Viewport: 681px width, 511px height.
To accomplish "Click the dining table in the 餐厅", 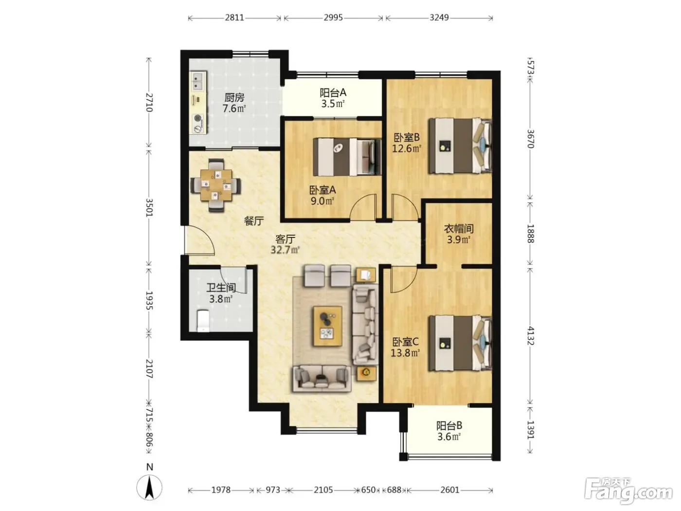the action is pos(216,185).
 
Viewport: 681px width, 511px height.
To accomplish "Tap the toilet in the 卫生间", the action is pos(203,321).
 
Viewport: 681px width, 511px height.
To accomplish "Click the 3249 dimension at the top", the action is pos(439,18).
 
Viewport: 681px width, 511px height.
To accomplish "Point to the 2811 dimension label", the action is pos(234,18).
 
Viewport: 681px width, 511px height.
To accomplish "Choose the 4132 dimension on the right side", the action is pos(530,336).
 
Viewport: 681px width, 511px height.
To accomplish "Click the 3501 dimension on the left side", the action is pos(149,207).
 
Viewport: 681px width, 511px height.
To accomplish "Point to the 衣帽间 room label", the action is pos(459,229).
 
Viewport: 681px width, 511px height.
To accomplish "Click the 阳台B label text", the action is pos(449,425).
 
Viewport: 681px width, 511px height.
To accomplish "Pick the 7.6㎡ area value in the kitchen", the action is pos(234,109).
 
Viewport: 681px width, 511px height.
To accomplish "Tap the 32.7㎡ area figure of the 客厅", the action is pos(285,250).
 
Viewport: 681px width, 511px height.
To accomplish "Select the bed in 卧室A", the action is pos(347,157).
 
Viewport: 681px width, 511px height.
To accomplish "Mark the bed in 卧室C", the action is pos(460,343).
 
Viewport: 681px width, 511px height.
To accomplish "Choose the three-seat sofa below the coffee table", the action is pos(322,378).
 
